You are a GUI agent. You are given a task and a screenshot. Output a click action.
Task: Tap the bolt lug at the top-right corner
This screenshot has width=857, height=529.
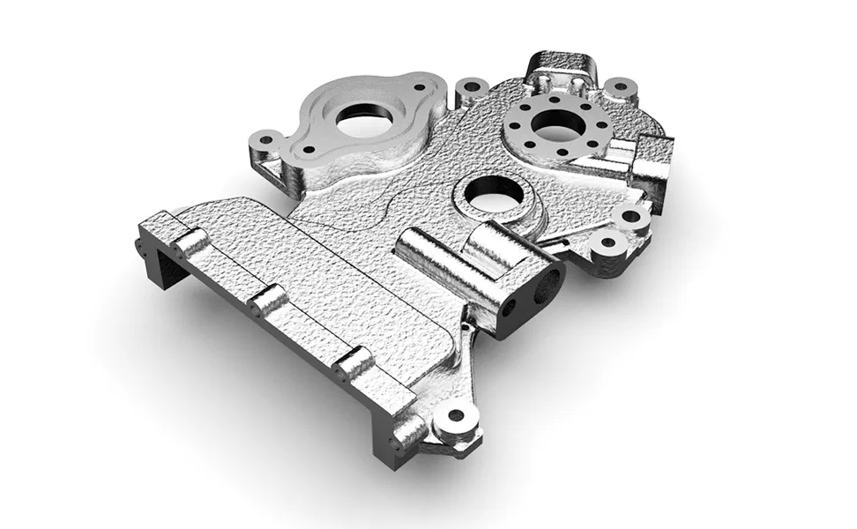(622, 87)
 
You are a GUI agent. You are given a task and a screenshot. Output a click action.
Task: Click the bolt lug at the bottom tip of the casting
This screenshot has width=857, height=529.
(456, 415)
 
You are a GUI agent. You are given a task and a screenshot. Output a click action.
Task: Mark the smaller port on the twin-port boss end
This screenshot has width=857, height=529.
(509, 309)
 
